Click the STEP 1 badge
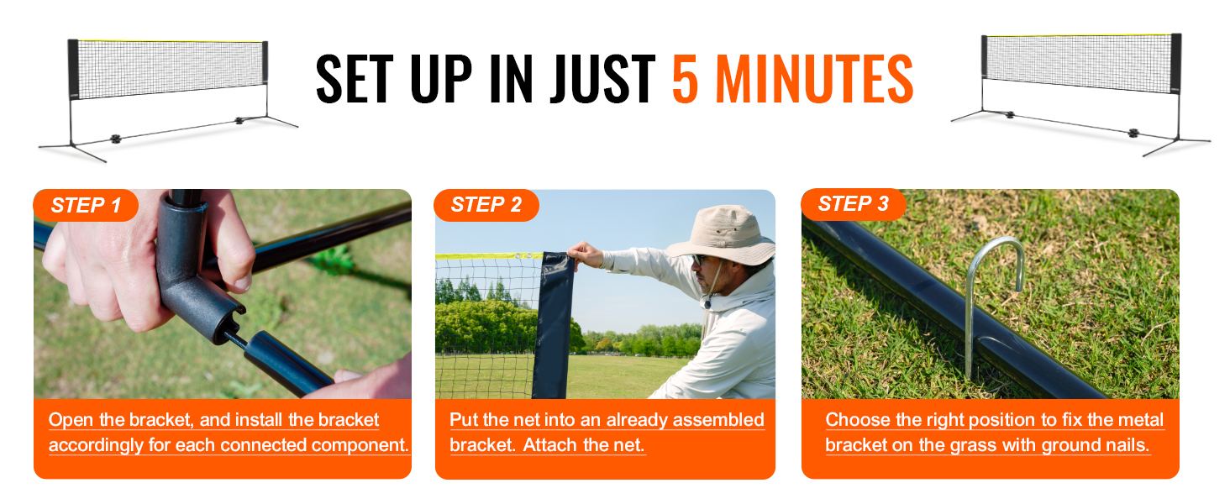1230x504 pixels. coord(86,205)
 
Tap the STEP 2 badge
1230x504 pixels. coord(486,205)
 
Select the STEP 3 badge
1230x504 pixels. coord(853,203)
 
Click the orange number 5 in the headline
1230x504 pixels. coord(685,79)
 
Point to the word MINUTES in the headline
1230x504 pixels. coord(815,79)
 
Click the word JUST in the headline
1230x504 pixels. coord(602,79)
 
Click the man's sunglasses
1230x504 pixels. coord(697,260)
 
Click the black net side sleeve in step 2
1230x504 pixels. coord(554,325)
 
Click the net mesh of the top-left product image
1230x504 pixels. coord(171,69)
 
